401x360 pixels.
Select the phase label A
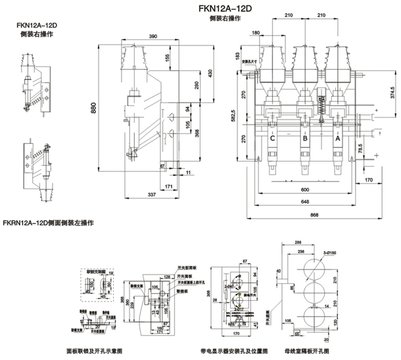[338, 139]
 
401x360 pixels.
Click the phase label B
[305, 139]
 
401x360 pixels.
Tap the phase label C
[272, 139]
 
